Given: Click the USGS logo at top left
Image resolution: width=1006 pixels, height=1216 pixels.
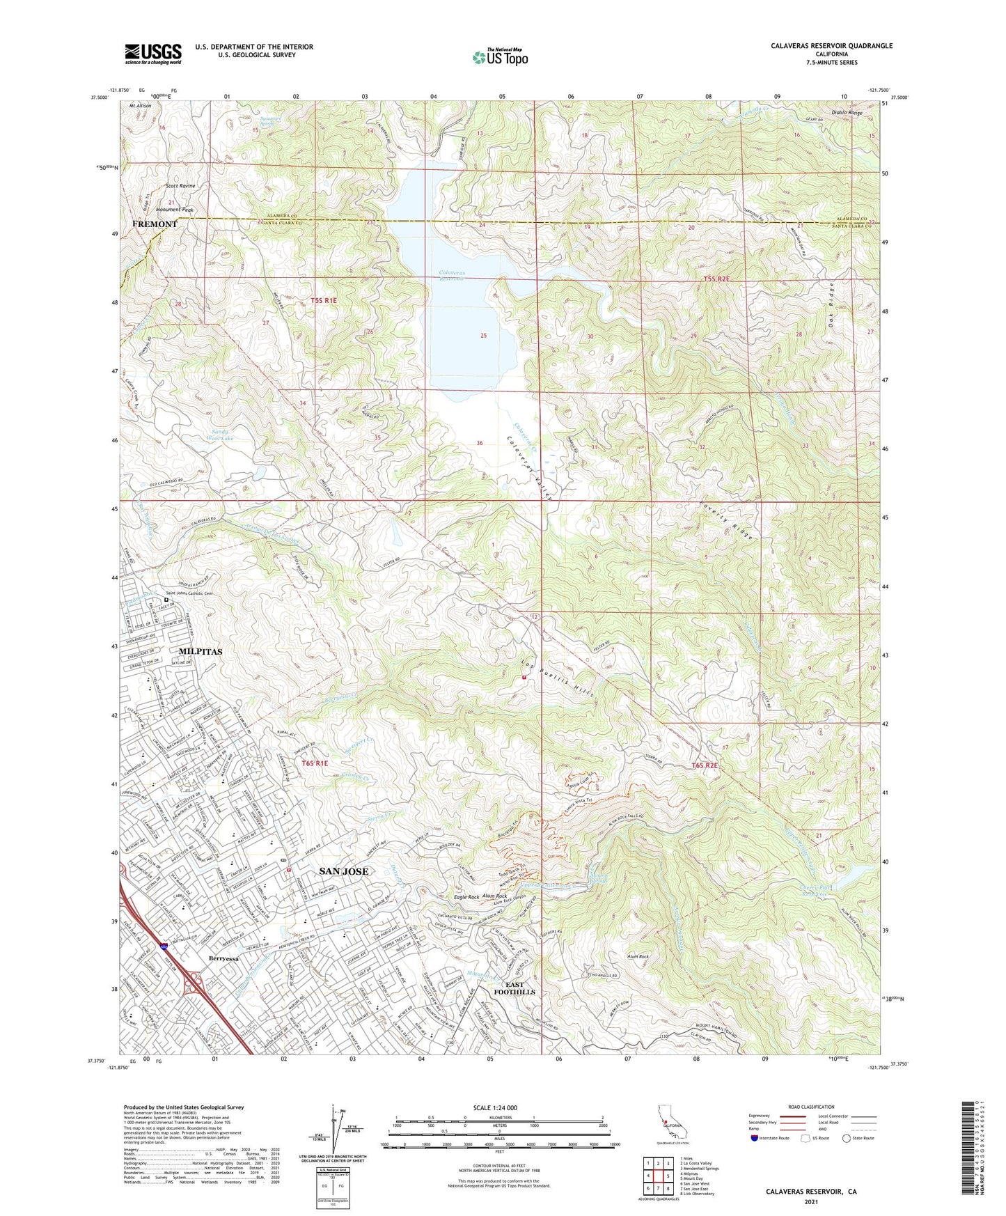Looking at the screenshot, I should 153,53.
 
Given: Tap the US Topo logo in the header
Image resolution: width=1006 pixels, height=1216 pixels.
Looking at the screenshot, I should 500,57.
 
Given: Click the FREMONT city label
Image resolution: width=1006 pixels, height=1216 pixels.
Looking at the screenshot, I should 155,224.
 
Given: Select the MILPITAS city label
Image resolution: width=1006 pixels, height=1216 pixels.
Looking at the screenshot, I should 201,651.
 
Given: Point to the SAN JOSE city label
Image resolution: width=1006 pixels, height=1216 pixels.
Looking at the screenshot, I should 343,871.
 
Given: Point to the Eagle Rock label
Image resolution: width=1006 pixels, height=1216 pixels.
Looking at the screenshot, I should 466,897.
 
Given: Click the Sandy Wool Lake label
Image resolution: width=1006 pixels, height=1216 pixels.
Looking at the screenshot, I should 225,435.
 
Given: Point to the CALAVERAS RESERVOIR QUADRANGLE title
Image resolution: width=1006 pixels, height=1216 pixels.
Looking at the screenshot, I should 831,46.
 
